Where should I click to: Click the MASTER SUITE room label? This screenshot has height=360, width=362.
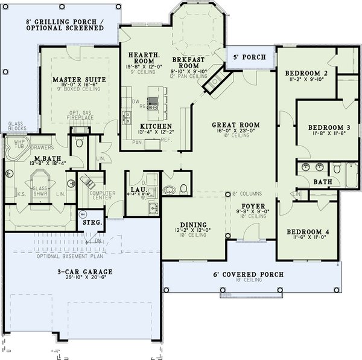point(80,79)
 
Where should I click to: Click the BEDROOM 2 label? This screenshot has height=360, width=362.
point(305,74)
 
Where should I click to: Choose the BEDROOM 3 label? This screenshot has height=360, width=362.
point(329,127)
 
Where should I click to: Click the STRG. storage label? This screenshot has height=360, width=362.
point(92,222)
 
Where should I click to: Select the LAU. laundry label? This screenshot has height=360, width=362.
point(136,190)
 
